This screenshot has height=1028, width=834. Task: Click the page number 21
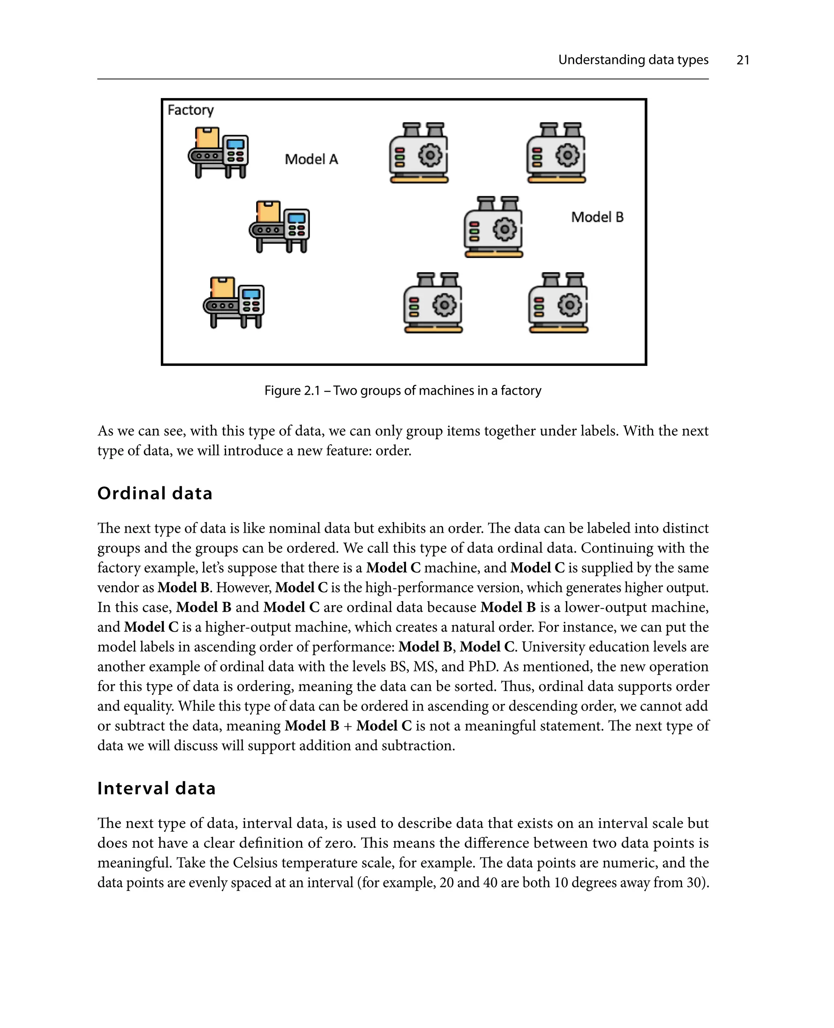pos(742,60)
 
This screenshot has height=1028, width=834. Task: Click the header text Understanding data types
pos(633,60)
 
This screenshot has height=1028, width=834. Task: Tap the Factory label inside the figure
pos(190,110)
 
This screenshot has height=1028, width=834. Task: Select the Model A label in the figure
pos(311,160)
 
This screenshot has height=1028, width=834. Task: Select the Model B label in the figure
pos(597,217)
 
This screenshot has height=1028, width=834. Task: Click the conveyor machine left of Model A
pos(219,153)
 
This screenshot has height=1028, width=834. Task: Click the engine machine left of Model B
pos(494,227)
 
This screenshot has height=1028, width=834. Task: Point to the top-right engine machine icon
pos(556,153)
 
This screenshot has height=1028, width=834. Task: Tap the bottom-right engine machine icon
pos(558,303)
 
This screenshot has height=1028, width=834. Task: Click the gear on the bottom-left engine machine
pos(444,305)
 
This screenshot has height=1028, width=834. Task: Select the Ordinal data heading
pos(155,493)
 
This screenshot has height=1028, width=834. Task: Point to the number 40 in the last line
pos(490,883)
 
